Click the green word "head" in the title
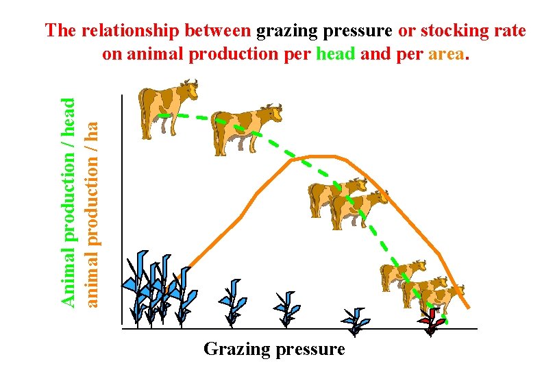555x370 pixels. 335,54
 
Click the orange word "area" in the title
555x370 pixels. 447,54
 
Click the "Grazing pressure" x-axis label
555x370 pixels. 274,349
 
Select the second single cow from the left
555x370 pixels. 245,129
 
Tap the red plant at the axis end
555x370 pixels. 431,320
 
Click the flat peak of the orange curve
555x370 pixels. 322,156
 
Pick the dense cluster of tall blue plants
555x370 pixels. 154,288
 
